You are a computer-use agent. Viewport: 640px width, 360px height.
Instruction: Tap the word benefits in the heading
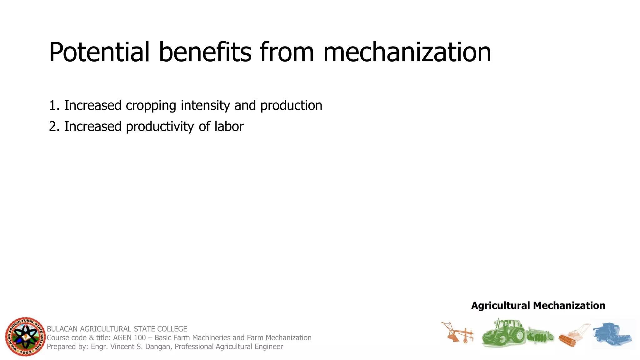coord(205,52)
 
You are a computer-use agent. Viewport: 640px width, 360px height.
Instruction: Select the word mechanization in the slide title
coord(407,52)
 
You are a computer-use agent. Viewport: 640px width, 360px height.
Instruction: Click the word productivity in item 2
coord(160,127)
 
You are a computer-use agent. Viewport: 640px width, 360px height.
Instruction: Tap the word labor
coord(229,126)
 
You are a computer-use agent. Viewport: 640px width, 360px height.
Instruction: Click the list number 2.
coord(53,127)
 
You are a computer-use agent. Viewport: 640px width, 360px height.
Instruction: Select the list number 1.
coord(53,105)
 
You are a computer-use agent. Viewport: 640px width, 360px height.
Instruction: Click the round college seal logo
coord(25,337)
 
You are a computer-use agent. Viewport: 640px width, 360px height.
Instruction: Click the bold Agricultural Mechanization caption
coord(538,305)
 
